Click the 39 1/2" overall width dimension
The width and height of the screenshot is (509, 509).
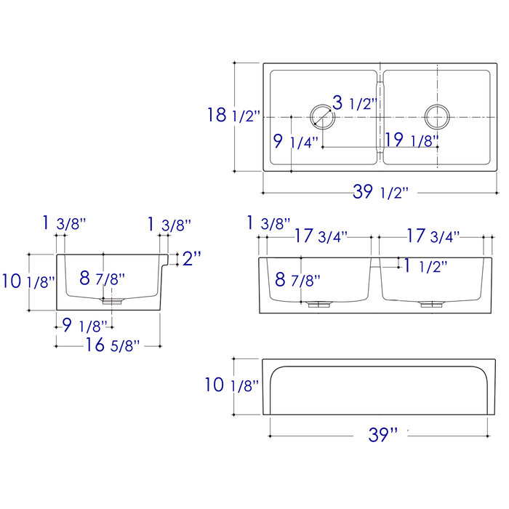click(x=380, y=192)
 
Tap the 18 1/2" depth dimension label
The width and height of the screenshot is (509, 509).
click(x=233, y=115)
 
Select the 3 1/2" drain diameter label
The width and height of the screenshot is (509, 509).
click(x=355, y=103)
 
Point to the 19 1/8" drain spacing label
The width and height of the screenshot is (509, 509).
click(x=412, y=140)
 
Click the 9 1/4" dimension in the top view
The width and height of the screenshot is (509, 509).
click(x=296, y=142)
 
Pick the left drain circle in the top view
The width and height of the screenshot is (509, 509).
click(x=322, y=116)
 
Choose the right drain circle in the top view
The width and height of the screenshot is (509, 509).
click(x=437, y=117)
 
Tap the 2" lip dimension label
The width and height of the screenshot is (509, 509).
click(x=192, y=258)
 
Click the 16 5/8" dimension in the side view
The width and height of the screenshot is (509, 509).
click(x=112, y=345)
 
